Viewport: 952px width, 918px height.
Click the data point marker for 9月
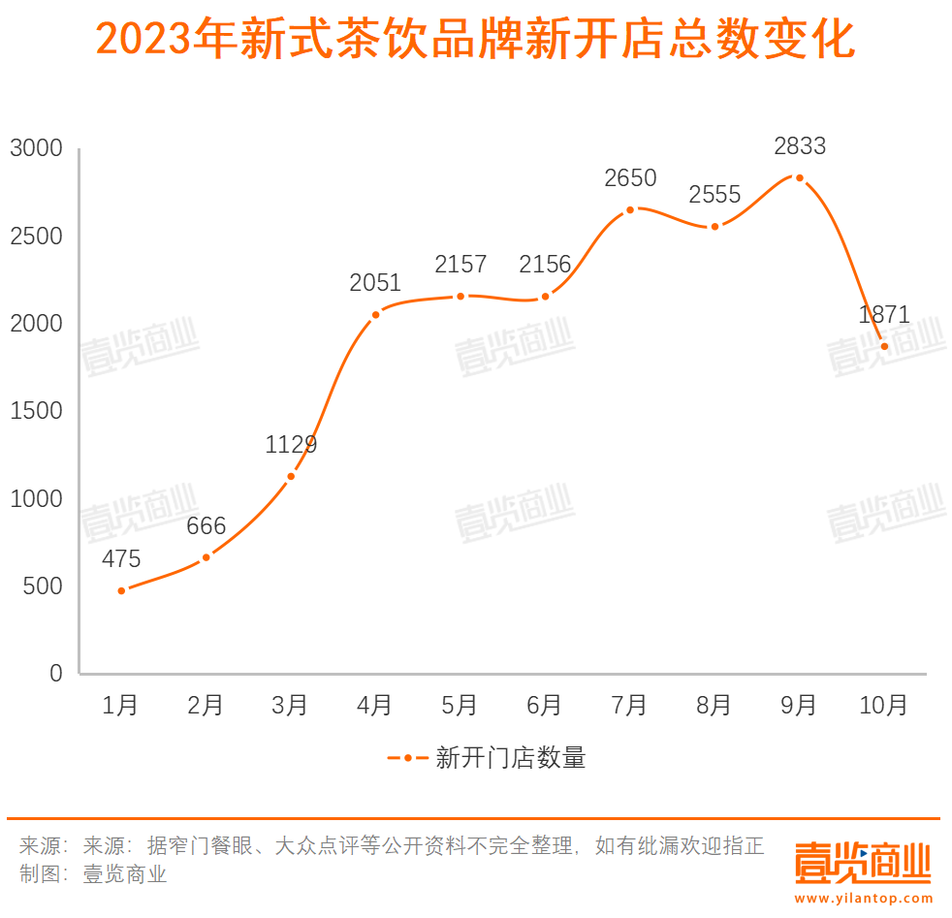pos(799,177)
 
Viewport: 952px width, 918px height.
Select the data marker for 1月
pos(121,590)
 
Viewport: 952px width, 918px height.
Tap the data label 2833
pos(799,146)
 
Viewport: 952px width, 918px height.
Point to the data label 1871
pos(883,315)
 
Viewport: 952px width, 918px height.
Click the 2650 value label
pos(629,178)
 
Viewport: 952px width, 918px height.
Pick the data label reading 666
pos(206,527)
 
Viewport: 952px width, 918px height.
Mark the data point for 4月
pos(375,314)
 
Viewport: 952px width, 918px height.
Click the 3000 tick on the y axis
pos(36,149)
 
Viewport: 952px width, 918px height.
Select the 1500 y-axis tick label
pos(36,411)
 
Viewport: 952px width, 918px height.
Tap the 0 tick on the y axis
pos(55,674)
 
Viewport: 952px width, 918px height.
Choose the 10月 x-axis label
pos(883,706)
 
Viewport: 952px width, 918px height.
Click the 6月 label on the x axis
pos(544,706)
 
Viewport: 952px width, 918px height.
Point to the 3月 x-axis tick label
pos(290,706)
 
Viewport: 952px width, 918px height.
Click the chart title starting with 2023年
pos(475,42)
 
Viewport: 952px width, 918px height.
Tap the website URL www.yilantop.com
pos(863,900)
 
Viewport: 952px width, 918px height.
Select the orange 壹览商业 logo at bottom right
pos(863,862)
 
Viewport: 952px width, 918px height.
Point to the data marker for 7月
pos(629,209)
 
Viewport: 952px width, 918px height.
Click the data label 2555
pos(714,195)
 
